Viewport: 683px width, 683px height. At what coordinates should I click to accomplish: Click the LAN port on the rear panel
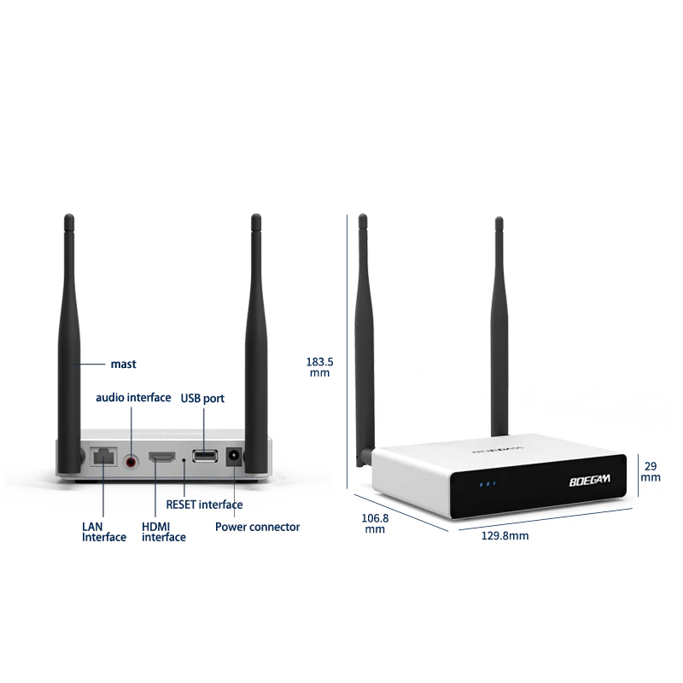tap(103, 458)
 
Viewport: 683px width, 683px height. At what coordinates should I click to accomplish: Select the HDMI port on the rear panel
tap(161, 459)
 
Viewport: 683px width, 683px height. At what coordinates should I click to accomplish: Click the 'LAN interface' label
tap(104, 531)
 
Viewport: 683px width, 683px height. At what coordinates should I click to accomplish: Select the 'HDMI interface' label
tap(163, 531)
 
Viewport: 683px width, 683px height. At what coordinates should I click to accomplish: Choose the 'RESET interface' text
tap(204, 505)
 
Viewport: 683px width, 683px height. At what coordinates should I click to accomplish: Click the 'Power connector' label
tap(257, 527)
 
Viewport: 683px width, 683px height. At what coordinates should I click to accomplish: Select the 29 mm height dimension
tap(651, 471)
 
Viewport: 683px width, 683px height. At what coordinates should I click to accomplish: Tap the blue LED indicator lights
tap(487, 484)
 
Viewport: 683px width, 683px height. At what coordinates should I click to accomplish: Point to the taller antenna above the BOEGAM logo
tap(498, 324)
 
